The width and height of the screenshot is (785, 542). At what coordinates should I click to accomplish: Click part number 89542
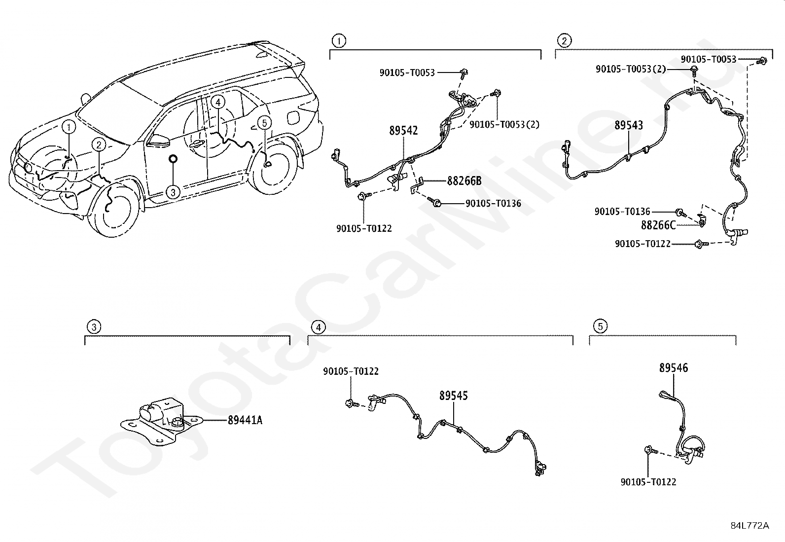click(x=403, y=131)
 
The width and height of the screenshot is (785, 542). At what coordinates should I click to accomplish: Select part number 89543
click(x=628, y=126)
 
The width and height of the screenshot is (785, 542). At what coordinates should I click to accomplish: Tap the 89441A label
click(x=245, y=420)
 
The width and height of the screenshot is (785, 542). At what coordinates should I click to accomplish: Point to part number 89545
click(x=454, y=396)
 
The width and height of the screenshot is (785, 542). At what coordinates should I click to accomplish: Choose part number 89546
click(x=674, y=368)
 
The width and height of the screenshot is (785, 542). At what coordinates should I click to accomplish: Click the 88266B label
click(x=464, y=181)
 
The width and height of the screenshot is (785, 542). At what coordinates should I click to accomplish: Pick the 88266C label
click(x=658, y=225)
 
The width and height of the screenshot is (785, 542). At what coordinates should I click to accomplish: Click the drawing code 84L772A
click(x=749, y=526)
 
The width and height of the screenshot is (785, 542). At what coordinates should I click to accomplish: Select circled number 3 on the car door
click(x=173, y=191)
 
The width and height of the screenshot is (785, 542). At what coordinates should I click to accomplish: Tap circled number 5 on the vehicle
click(x=264, y=122)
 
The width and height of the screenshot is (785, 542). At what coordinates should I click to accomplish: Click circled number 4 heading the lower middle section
click(x=318, y=327)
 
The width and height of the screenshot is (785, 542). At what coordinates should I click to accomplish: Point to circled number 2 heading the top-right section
click(x=564, y=40)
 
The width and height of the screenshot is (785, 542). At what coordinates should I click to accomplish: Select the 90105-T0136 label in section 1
click(x=493, y=203)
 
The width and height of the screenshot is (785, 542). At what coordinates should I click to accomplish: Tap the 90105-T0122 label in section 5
click(x=648, y=482)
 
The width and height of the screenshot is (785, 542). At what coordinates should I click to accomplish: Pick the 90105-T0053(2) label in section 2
click(x=631, y=70)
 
